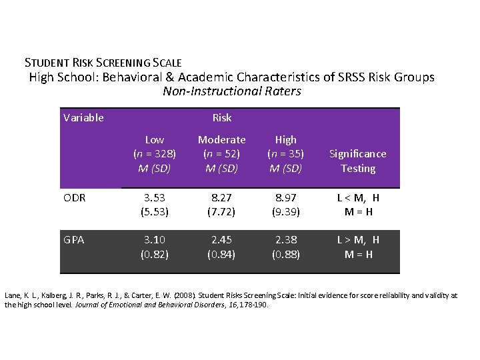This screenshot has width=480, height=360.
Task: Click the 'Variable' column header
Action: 83,118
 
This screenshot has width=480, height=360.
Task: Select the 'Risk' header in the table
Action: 222,118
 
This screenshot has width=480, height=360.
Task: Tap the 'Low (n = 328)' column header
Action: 155,153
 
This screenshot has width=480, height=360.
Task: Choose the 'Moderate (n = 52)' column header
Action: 222,153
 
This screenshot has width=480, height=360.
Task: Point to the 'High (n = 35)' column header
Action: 285,153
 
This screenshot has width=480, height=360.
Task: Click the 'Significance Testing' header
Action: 358,161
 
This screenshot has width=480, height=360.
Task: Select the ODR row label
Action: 75,197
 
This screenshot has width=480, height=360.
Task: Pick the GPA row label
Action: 75,240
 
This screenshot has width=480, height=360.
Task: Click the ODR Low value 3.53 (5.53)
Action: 155,204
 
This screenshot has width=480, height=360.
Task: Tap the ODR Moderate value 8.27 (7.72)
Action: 222,204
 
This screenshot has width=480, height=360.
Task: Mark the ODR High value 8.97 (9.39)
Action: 285,204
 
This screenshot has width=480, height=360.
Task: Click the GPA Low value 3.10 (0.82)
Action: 155,247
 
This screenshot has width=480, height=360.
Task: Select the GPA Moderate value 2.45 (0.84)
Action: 222,247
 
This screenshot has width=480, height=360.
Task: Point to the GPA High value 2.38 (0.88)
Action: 285,247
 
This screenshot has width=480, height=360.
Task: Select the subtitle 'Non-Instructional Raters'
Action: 232,91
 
